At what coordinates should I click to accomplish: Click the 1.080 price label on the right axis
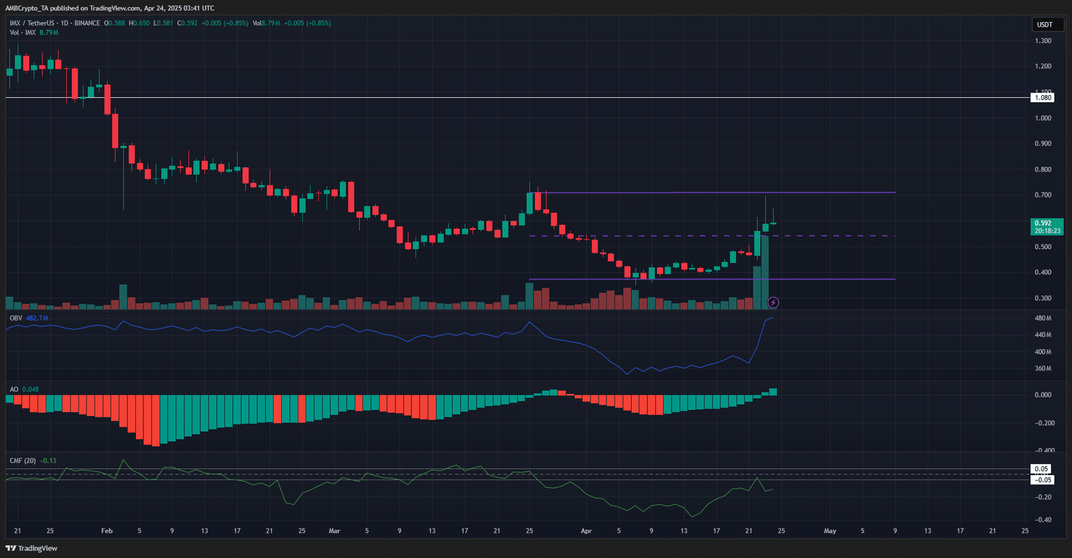click(x=1043, y=98)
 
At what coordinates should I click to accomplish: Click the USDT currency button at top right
click(x=1045, y=25)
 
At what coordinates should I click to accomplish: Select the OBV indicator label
click(x=15, y=318)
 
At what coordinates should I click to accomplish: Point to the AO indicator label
click(x=14, y=389)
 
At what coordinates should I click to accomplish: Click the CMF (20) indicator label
click(x=23, y=461)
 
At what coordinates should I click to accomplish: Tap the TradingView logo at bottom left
click(x=31, y=548)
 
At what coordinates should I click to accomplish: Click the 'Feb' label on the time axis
click(x=107, y=531)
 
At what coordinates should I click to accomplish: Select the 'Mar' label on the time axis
click(x=334, y=531)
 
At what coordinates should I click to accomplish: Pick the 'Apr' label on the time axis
click(x=586, y=531)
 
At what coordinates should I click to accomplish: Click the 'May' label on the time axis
click(x=829, y=531)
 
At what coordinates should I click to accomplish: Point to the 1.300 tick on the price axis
click(x=1043, y=41)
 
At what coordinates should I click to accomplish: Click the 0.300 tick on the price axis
click(x=1043, y=298)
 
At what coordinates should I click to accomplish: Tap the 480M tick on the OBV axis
click(x=1043, y=318)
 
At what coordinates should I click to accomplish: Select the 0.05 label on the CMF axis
click(x=1041, y=469)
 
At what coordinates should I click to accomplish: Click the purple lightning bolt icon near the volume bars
click(x=773, y=303)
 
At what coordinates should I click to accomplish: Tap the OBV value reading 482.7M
click(x=37, y=318)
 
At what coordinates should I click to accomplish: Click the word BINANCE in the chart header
click(x=87, y=23)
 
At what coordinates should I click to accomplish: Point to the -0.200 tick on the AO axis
click(x=1043, y=423)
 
